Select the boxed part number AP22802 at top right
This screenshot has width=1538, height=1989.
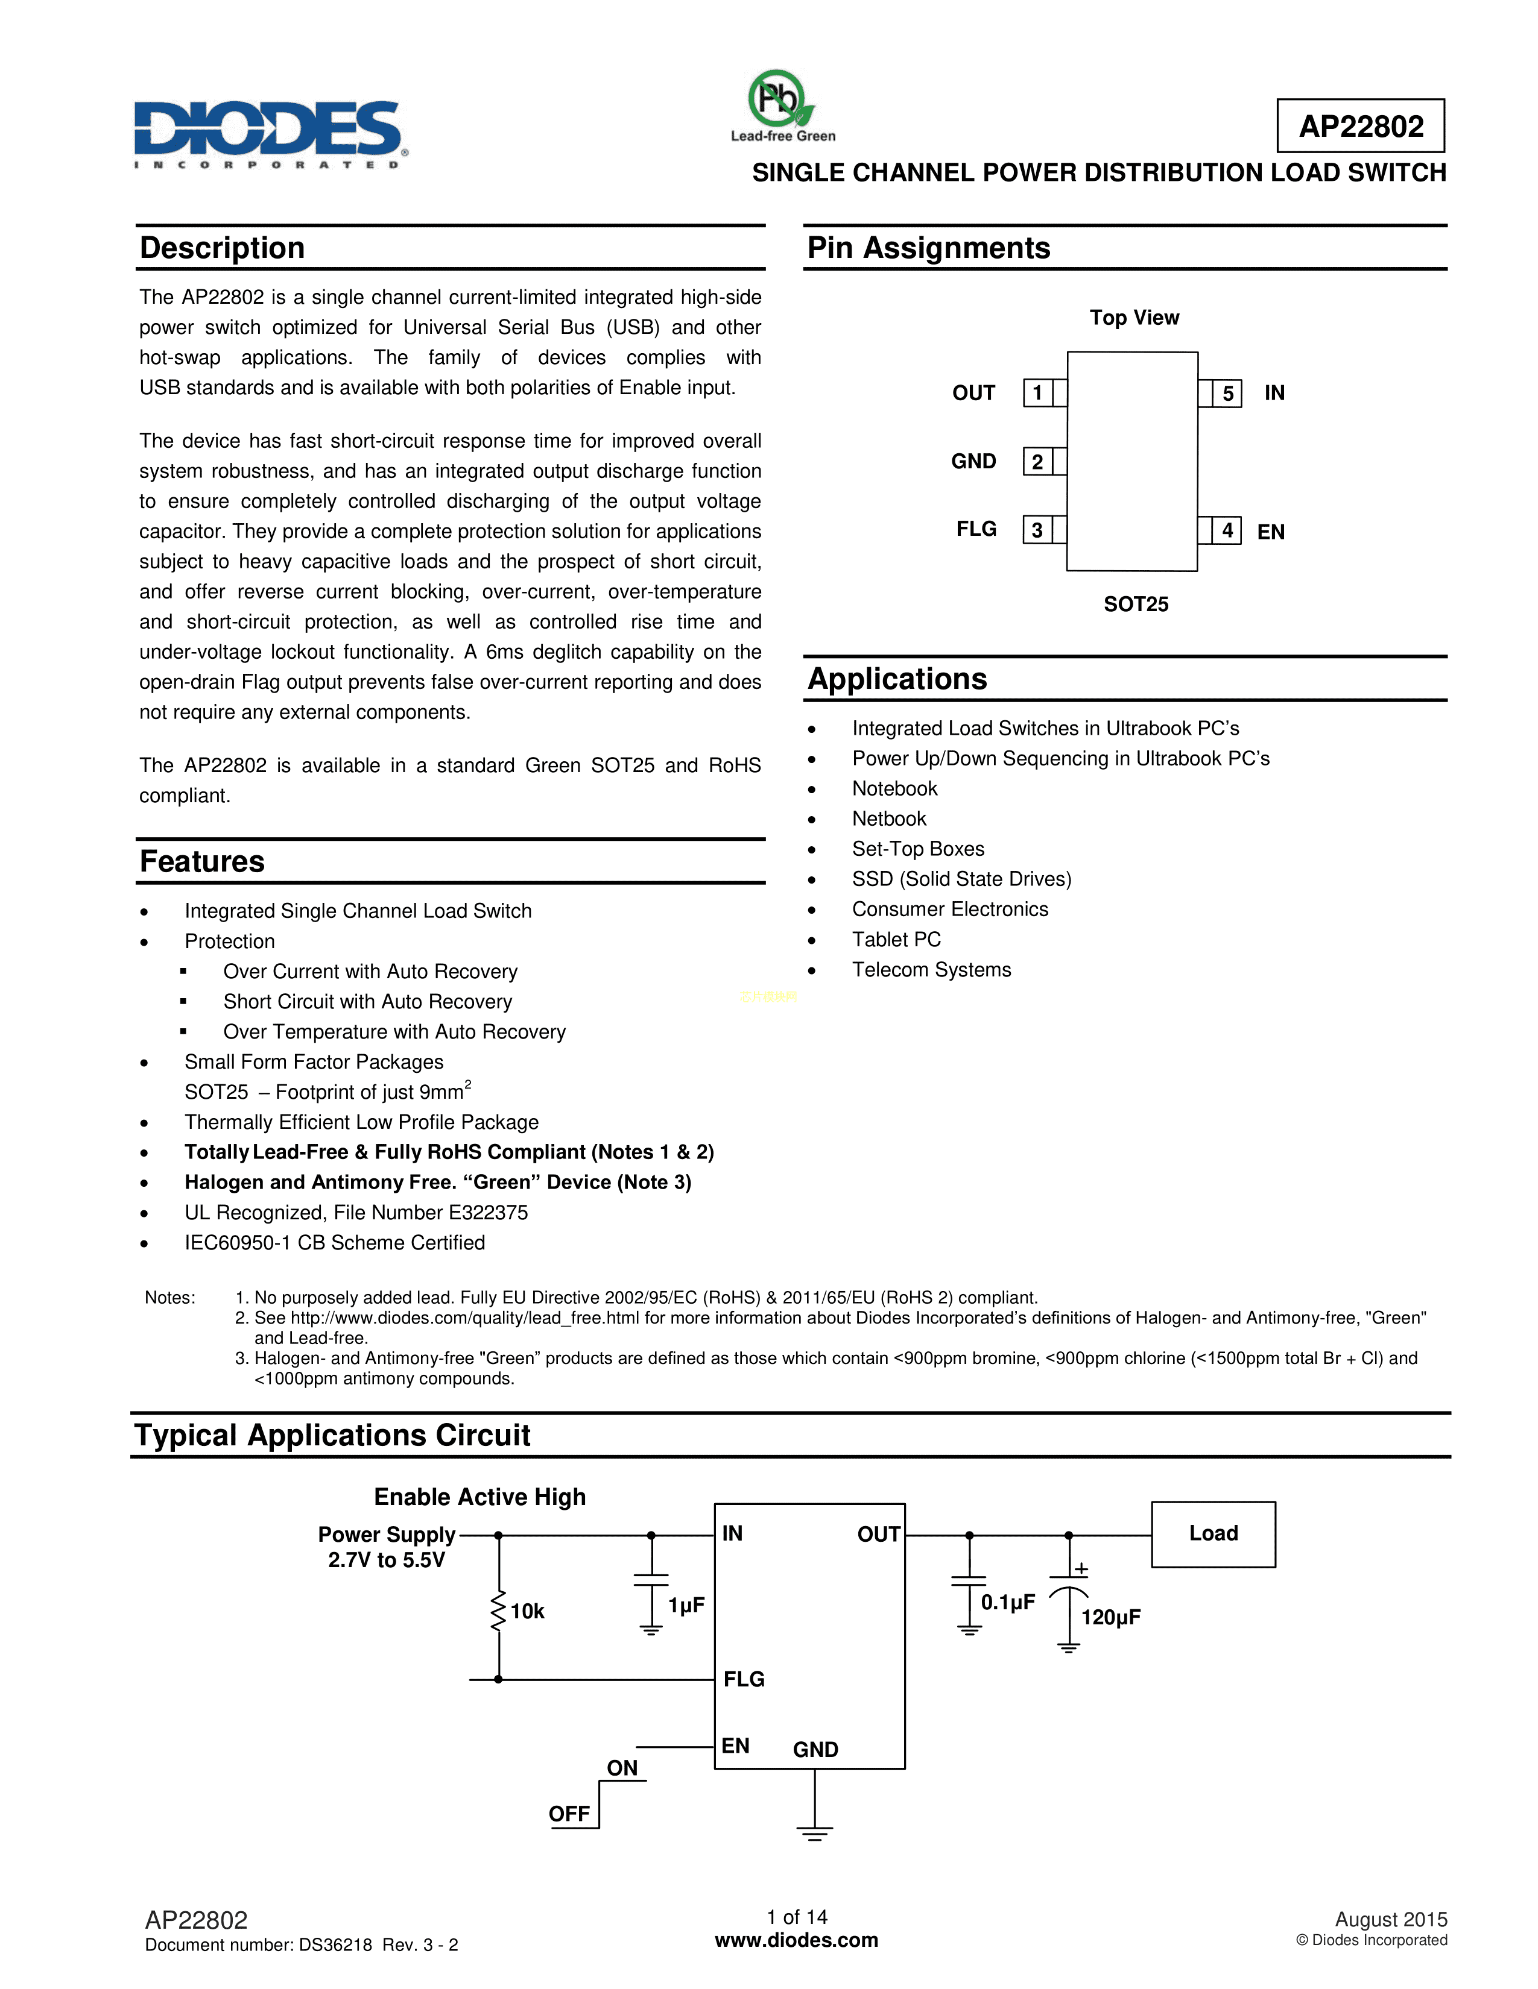(1360, 127)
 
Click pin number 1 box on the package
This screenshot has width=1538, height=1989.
(1037, 394)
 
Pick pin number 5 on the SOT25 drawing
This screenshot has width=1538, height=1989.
(1227, 394)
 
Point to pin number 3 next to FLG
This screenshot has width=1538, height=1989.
(1037, 530)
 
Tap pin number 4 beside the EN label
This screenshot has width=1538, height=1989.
(1227, 530)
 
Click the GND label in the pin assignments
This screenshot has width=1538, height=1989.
(973, 462)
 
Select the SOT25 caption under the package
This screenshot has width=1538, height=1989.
(1135, 605)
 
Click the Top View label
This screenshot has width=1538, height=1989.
(1133, 318)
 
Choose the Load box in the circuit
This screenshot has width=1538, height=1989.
(1213, 1534)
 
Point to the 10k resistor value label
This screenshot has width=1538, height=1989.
(527, 1611)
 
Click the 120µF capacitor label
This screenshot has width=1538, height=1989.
(1110, 1618)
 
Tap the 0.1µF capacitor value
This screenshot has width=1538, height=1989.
(1008, 1602)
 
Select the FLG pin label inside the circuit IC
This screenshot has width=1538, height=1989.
(744, 1679)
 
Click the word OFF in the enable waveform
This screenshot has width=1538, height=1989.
(569, 1813)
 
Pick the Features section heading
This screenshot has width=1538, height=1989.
(202, 861)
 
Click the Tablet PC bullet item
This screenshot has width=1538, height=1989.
(896, 940)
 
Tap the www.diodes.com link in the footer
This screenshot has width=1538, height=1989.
(796, 1940)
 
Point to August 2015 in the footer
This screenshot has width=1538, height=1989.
(1390, 1919)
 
